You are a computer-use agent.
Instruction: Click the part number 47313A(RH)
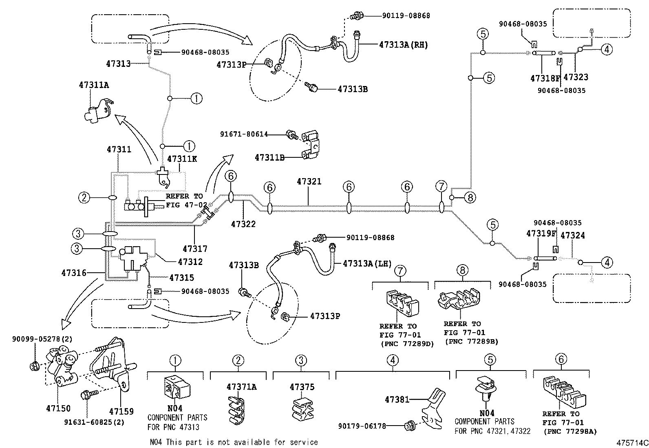point(403,45)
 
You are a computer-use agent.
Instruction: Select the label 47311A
point(94,85)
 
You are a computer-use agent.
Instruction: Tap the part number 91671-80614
point(244,134)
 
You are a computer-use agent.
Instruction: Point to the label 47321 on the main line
point(309,181)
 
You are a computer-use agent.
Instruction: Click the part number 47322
point(243,224)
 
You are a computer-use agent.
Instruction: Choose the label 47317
point(195,248)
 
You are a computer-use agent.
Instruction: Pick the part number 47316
point(74,273)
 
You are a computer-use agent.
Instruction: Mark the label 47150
point(58,408)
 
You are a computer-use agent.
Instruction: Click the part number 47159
point(121,411)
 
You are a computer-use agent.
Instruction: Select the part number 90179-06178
point(362,426)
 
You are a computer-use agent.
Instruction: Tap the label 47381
point(397,400)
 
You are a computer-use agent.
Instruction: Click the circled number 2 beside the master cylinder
point(84,198)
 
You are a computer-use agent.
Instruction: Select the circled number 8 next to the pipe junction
point(470,198)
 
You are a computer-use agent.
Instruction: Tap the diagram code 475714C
point(632,442)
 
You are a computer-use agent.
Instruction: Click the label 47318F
point(543,77)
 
